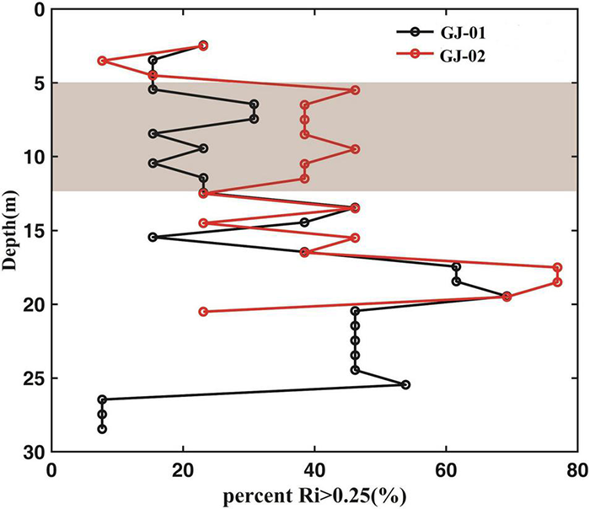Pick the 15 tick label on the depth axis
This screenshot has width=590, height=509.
click(35, 231)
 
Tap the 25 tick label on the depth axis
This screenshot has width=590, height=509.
click(35, 378)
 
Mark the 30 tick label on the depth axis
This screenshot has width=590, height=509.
click(35, 452)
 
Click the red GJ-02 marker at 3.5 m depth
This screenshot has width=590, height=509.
click(102, 61)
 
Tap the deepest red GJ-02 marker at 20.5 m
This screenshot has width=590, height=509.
click(203, 311)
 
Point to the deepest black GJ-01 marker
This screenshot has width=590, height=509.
click(102, 429)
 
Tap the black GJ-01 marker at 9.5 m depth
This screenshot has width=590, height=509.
click(203, 148)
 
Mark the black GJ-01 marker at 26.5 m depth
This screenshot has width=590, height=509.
click(102, 399)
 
